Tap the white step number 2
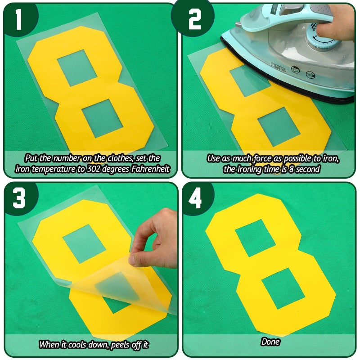[195, 19]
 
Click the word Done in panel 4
[270, 342]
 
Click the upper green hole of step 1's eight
[77, 68]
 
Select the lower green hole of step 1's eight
[103, 118]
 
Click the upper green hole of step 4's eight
[255, 238]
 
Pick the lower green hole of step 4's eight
[283, 288]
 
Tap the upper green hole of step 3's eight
[84, 243]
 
